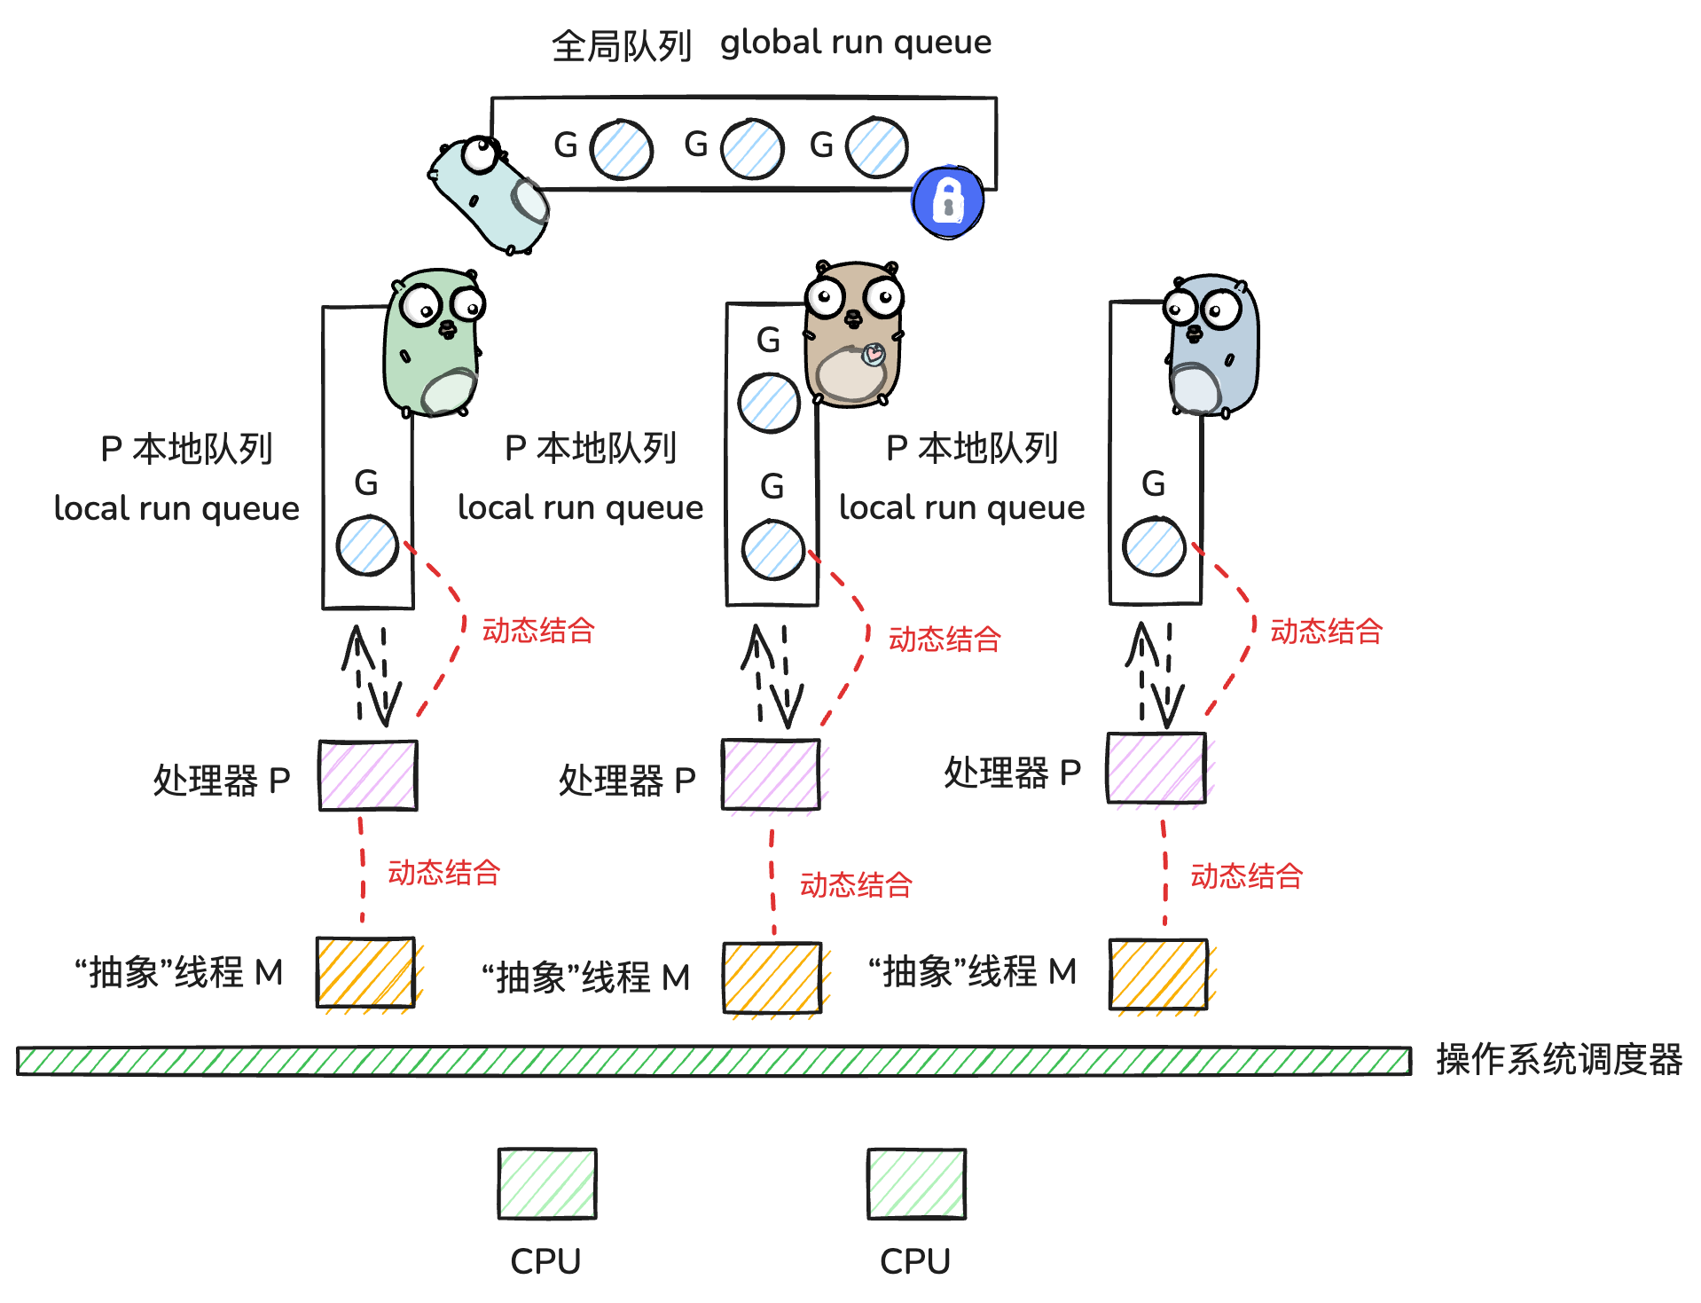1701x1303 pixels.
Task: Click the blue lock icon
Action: [947, 201]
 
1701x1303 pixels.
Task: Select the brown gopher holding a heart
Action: [852, 335]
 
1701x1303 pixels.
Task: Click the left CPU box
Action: [546, 1184]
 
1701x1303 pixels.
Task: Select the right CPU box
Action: [916, 1184]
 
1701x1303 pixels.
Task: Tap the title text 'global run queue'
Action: [855, 42]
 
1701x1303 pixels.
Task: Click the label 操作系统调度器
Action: [1558, 1060]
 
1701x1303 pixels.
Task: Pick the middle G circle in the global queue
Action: [752, 149]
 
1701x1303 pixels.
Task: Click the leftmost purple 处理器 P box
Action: [368, 776]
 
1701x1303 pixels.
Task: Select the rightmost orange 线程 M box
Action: [1158, 975]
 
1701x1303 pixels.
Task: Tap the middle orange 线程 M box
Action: [772, 978]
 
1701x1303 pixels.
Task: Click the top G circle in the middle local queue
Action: [769, 403]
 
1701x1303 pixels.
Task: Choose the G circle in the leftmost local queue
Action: [367, 546]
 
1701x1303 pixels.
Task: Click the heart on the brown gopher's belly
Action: [874, 355]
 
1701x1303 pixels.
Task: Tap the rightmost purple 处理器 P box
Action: [1156, 768]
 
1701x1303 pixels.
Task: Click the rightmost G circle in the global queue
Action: [876, 147]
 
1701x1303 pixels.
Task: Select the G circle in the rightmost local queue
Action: [1154, 546]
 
